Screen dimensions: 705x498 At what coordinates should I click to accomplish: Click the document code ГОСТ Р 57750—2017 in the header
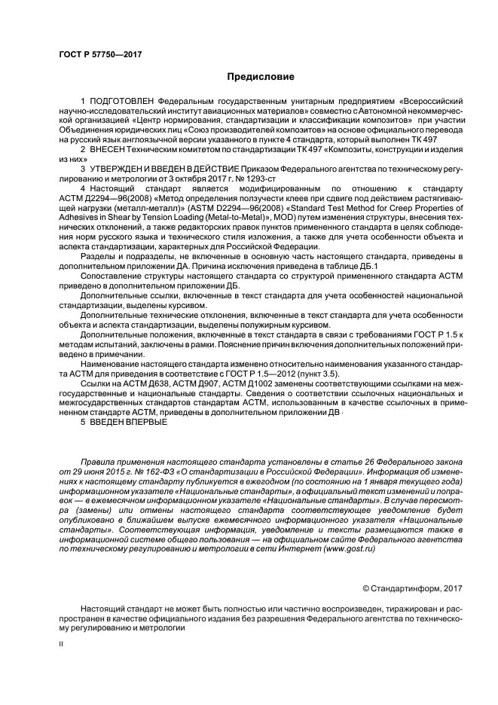[100, 54]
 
